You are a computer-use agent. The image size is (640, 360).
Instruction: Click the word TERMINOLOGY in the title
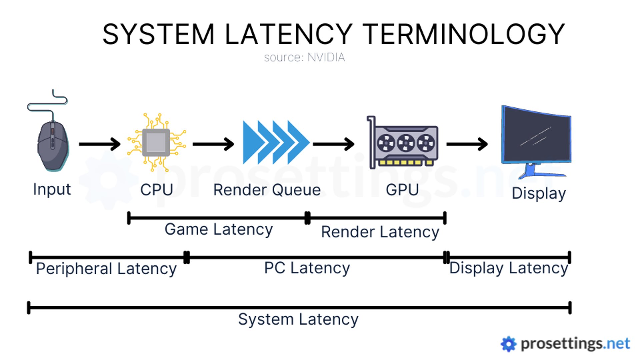point(463,34)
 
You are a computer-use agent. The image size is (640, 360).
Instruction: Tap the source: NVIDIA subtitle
point(304,57)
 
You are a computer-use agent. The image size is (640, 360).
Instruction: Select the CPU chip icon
point(156,143)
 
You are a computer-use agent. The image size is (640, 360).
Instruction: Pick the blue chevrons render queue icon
point(275,143)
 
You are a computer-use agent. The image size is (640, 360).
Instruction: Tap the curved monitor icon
point(536,140)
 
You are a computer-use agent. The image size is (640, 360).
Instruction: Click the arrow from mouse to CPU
point(99,144)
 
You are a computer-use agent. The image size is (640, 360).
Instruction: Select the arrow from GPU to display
point(467,144)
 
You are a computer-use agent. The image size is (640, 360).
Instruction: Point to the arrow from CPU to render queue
point(213,144)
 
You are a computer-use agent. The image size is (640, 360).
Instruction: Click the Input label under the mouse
point(52,189)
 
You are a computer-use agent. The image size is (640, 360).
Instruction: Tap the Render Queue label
point(267,190)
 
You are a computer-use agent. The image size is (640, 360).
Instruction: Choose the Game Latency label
point(219,229)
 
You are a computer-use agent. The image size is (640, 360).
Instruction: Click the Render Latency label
point(380,232)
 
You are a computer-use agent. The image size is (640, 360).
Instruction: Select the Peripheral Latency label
point(106,269)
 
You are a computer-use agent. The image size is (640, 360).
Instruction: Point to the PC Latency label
point(307,268)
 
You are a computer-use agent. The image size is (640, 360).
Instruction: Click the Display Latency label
point(508,268)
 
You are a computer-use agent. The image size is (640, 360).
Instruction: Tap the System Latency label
point(298,319)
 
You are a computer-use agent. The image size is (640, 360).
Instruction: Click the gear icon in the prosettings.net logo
point(508,344)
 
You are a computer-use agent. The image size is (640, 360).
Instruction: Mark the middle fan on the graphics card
point(406,143)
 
